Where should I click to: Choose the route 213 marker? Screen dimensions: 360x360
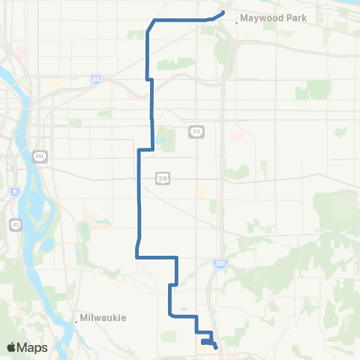coord(196,132)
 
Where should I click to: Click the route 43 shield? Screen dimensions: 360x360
coord(16,224)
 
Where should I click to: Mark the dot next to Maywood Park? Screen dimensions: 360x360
coord(237,22)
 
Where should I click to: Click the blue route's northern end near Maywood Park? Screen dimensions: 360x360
coord(224,11)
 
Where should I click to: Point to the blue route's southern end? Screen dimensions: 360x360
coord(217,346)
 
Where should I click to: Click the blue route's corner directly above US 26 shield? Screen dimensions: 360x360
coord(153,149)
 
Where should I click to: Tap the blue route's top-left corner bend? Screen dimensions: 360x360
coord(154,20)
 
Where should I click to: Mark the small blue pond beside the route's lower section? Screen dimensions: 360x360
coord(184,308)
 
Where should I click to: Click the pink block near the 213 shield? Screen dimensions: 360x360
coord(236,136)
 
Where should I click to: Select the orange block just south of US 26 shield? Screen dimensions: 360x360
coord(201,193)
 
